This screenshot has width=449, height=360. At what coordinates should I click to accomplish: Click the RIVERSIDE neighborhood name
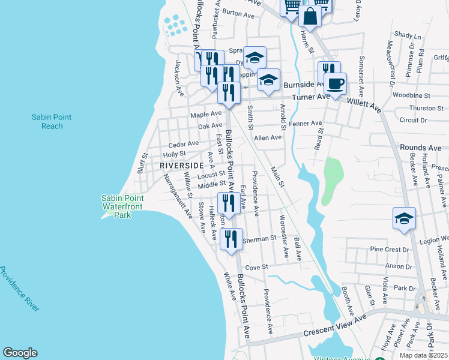click(182, 165)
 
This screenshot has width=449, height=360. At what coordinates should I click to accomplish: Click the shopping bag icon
click(310, 16)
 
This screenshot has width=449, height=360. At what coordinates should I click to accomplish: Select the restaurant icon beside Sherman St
click(231, 239)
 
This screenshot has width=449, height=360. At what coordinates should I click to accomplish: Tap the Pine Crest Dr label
click(389, 249)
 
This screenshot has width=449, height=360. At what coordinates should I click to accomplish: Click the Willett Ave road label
click(367, 106)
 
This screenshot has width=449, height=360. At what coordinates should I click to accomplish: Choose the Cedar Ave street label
click(184, 144)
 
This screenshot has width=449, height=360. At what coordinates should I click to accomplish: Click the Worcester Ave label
click(282, 228)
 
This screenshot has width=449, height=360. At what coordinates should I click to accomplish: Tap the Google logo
click(20, 353)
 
